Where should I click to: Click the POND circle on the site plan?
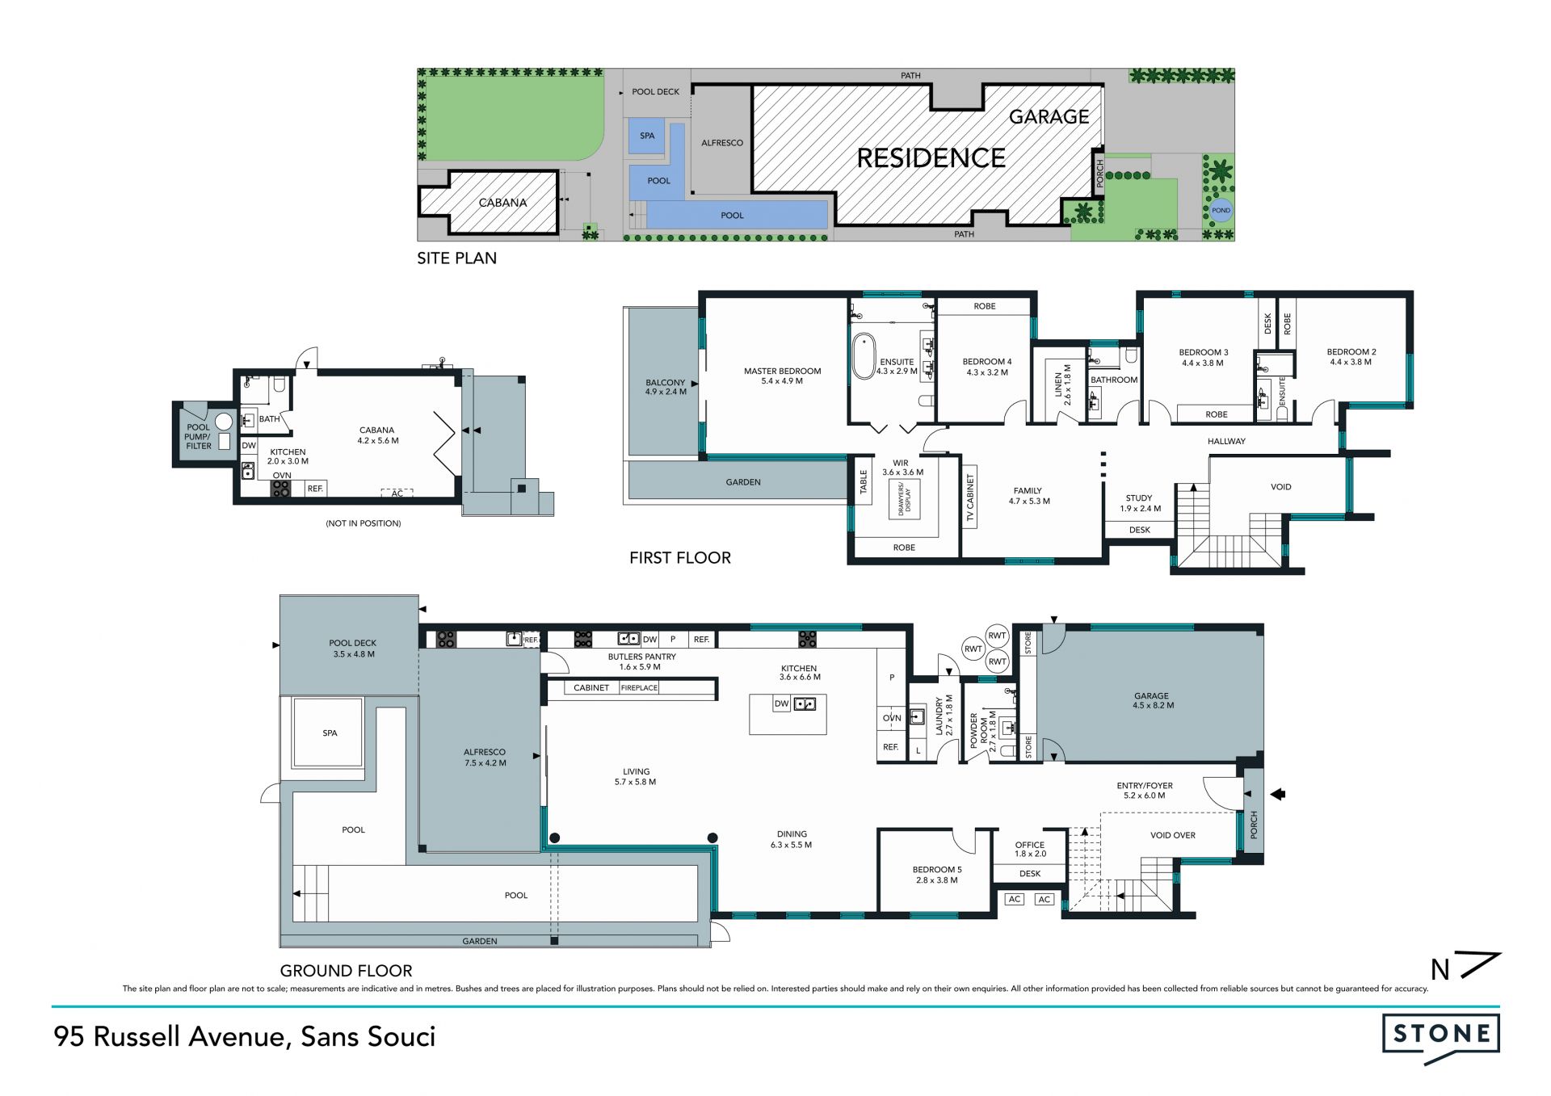pos(1221,210)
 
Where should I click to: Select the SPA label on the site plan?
pos(647,136)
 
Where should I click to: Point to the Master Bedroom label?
pos(782,376)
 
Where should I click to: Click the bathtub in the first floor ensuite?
pos(864,355)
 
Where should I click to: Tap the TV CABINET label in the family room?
pos(970,497)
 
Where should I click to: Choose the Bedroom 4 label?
pos(987,367)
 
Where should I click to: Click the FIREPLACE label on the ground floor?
pos(639,688)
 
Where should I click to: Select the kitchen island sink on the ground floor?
pos(805,704)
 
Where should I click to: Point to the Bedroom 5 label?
pos(937,875)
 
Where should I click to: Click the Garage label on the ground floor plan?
pos(1151,700)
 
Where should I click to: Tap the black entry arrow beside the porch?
pos(1277,795)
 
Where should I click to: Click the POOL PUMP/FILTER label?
pos(199,436)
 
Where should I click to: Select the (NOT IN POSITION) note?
pos(364,523)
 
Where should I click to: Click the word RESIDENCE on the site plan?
pos(931,158)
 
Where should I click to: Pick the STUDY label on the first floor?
pos(1139,503)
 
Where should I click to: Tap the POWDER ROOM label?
pos(978,730)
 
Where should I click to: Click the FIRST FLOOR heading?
pos(680,558)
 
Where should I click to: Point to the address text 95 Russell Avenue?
pos(169,1037)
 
